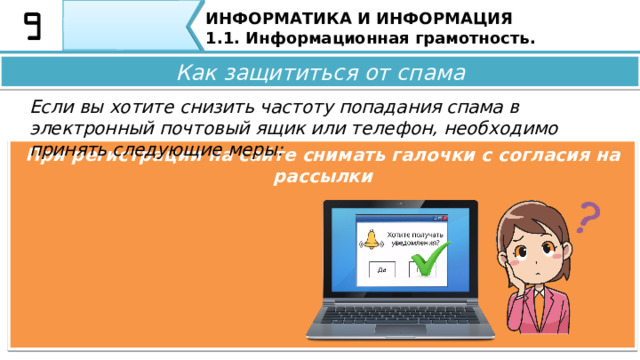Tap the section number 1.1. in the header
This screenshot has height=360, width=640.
pos(223,39)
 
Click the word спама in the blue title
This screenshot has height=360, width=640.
pos(434,72)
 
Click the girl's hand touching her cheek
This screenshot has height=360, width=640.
pos(520,275)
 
